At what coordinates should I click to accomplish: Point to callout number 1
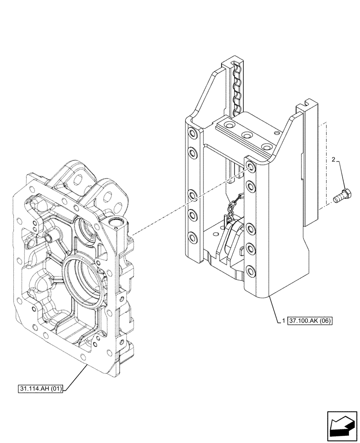pyautogui.click(x=283, y=320)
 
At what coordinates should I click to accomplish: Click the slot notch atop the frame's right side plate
pyautogui.click(x=303, y=106)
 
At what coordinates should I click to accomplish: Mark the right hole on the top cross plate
pyautogui.click(x=266, y=146)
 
